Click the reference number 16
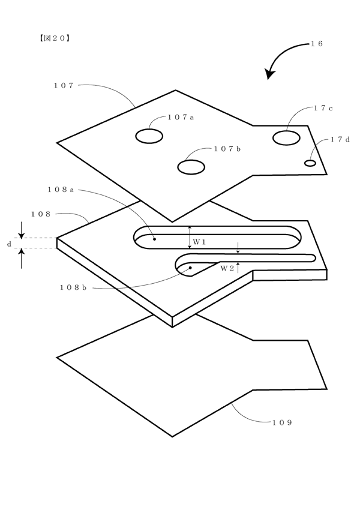point(316,44)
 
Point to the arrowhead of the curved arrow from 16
point(269,74)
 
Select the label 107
point(64,86)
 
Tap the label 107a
point(181,118)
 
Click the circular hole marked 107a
point(149,136)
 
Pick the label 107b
point(227,149)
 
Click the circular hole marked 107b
point(191,167)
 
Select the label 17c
point(323,109)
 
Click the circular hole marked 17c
point(286,138)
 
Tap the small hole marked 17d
point(310,163)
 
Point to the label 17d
point(340,140)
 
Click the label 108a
point(61,190)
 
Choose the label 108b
point(73,287)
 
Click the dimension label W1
point(199,242)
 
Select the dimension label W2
point(227,268)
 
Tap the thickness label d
point(9,244)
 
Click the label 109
point(282,422)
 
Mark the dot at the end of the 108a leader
point(154,239)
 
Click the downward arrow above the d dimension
point(22,230)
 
